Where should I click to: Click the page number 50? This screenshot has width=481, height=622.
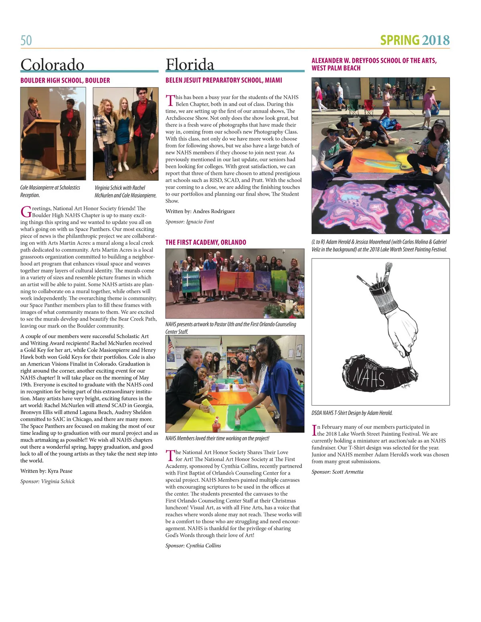[26, 40]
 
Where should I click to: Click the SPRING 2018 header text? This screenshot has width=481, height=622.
[414, 40]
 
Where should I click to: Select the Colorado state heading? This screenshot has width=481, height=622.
[52, 65]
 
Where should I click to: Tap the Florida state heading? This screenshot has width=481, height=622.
[190, 65]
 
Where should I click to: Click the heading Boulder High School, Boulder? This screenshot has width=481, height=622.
[65, 80]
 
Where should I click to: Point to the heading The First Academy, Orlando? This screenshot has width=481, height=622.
[206, 242]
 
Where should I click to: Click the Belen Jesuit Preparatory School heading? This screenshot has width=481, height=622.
[224, 80]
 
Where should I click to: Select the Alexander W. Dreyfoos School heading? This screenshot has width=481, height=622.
[374, 64]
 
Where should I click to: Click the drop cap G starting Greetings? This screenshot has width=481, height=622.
[25, 211]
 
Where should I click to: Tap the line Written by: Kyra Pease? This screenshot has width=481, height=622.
[46, 471]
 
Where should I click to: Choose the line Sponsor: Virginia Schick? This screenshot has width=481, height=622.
[47, 481]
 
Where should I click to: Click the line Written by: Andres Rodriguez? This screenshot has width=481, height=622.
[200, 211]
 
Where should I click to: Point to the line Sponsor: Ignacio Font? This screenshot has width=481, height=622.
[190, 222]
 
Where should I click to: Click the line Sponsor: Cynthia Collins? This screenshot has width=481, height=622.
[193, 545]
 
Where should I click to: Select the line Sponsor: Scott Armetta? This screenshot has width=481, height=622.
[337, 472]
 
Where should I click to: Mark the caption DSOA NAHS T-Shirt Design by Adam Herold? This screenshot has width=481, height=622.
[352, 413]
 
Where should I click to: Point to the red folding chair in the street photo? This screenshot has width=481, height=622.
[368, 107]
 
